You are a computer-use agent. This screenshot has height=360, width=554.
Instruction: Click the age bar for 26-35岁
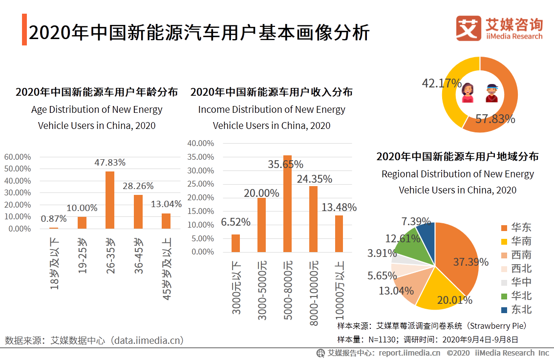click(110, 200)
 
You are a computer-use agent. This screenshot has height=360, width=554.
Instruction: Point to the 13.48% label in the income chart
click(339, 207)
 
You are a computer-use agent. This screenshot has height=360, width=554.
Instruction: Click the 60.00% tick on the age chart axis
click(18, 157)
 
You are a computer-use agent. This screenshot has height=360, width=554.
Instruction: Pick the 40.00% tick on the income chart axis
click(201, 144)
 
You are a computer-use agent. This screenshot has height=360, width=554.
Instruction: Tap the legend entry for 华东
click(516, 228)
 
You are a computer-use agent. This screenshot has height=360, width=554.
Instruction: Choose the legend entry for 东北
click(516, 310)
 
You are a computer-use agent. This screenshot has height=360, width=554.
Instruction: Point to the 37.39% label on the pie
click(470, 262)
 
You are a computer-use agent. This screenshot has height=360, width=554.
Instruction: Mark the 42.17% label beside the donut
click(442, 83)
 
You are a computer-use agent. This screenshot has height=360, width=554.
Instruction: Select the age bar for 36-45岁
click(138, 212)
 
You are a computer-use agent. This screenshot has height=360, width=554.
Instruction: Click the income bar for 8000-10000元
click(313, 219)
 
